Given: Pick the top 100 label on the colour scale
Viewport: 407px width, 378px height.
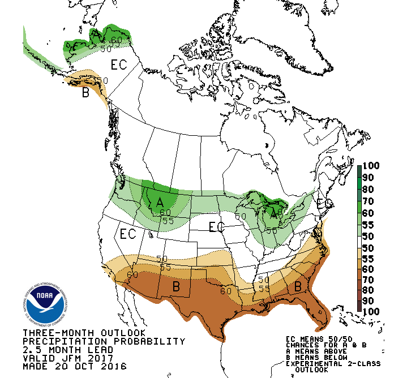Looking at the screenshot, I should click(371, 166).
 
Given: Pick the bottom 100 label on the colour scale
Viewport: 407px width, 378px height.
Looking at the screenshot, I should click(371, 311).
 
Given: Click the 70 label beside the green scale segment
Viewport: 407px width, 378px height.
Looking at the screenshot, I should click(369, 201).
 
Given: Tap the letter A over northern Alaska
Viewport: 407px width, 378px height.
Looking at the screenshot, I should click(97, 35).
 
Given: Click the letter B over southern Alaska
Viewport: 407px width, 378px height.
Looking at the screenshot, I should click(85, 93).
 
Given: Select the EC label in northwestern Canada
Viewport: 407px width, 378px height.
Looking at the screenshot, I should click(118, 65).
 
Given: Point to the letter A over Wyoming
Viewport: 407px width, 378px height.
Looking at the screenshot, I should click(160, 202).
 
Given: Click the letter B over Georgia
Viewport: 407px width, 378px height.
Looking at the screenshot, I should click(297, 287).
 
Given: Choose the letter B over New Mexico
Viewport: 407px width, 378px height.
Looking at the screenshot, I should click(176, 287).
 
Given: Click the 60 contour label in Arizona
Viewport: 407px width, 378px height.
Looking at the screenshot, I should click(133, 275).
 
